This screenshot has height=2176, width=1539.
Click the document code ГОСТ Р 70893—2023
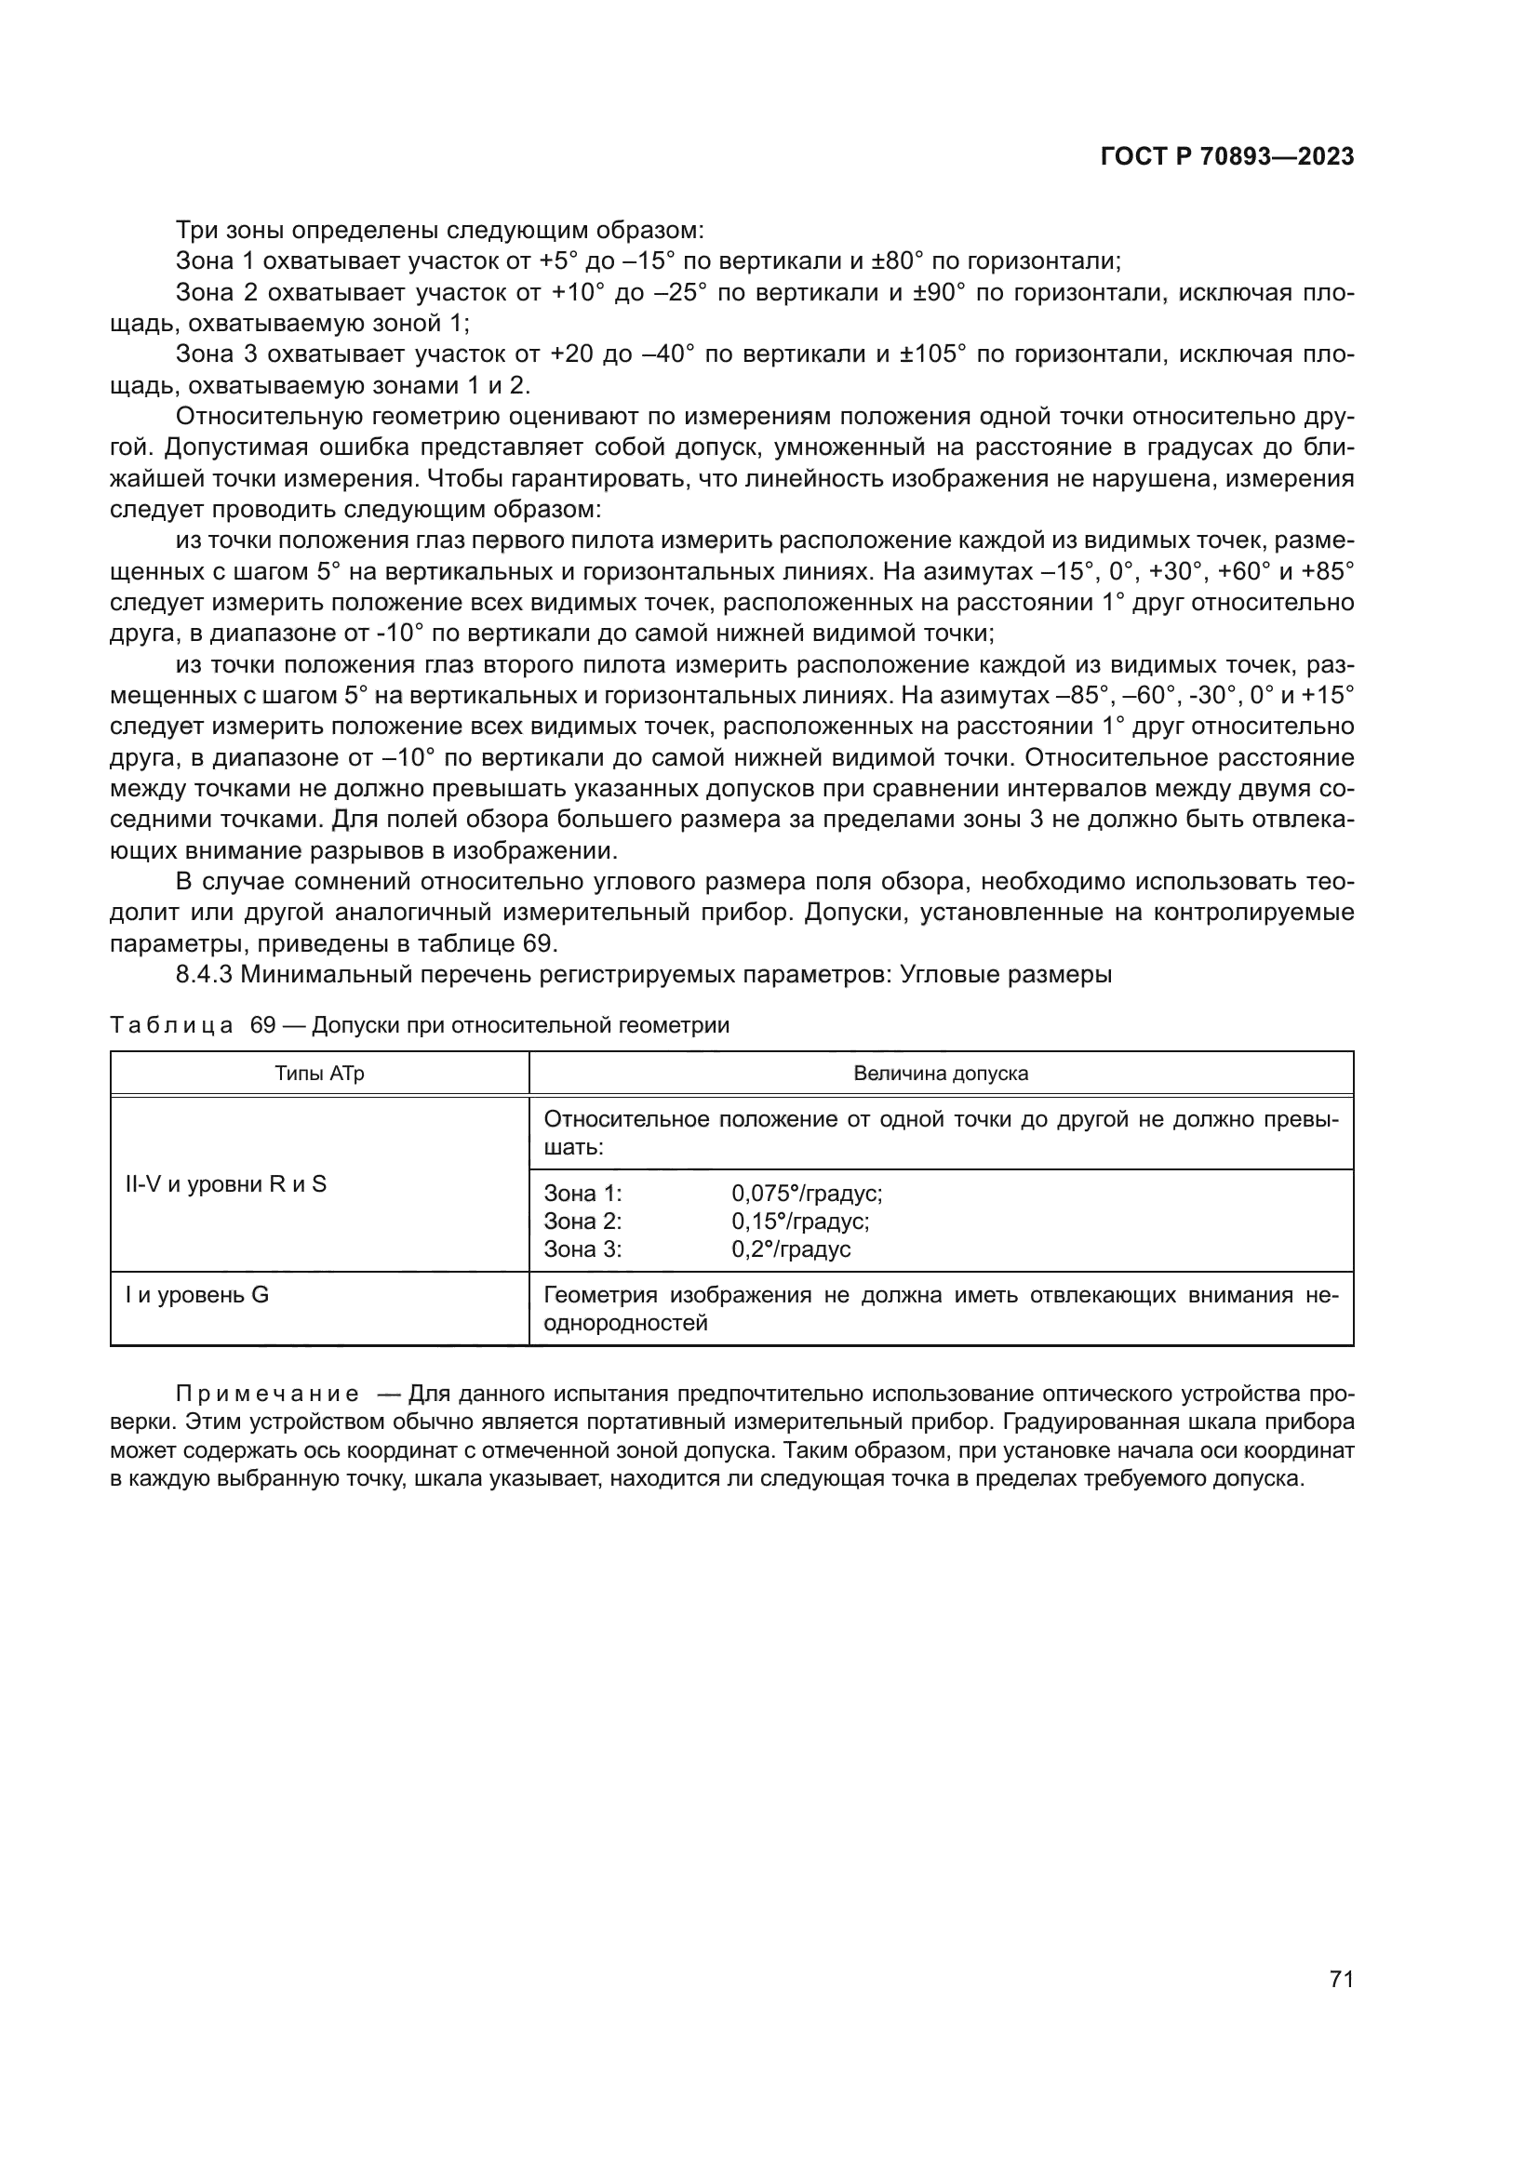click(x=1226, y=157)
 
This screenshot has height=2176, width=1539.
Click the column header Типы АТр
click(x=319, y=1074)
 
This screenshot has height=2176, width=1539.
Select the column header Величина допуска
click(x=940, y=1074)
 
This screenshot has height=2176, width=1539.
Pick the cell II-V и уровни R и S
click(x=225, y=1183)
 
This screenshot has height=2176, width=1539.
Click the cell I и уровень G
click(x=197, y=1295)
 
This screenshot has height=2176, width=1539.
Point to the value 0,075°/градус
click(x=807, y=1195)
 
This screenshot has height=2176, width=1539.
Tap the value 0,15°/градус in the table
click(x=800, y=1221)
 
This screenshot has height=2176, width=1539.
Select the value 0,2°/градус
click(x=790, y=1249)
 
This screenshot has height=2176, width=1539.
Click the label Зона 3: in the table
click(x=582, y=1249)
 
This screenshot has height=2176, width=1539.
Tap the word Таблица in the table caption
click(x=171, y=1025)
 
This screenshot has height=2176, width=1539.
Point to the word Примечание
click(x=267, y=1395)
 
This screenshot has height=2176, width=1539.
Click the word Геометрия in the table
click(x=599, y=1296)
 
